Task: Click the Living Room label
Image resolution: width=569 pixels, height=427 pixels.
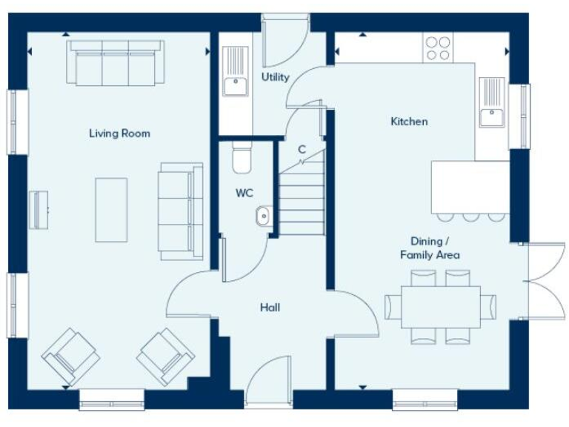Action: (119, 133)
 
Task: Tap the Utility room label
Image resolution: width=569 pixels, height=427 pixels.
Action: (274, 77)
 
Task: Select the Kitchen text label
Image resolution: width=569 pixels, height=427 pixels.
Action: (409, 122)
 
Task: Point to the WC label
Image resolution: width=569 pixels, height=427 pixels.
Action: (244, 193)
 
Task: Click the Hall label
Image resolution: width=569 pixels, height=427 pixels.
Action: (270, 307)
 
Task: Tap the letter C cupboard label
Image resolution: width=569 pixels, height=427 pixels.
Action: (302, 149)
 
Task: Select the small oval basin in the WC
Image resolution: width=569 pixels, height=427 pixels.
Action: (263, 216)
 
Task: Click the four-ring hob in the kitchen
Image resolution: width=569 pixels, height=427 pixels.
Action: (438, 48)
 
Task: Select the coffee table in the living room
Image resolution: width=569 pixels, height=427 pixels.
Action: (111, 209)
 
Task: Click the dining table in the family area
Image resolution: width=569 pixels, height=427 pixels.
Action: (440, 307)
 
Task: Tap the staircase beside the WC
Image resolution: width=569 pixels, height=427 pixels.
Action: (302, 199)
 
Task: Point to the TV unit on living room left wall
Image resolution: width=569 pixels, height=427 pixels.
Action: (39, 209)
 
